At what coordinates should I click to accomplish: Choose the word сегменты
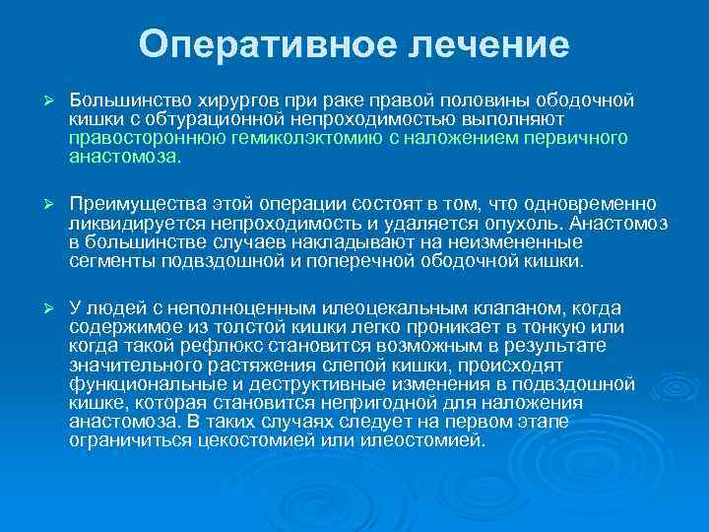pyautogui.click(x=106, y=263)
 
